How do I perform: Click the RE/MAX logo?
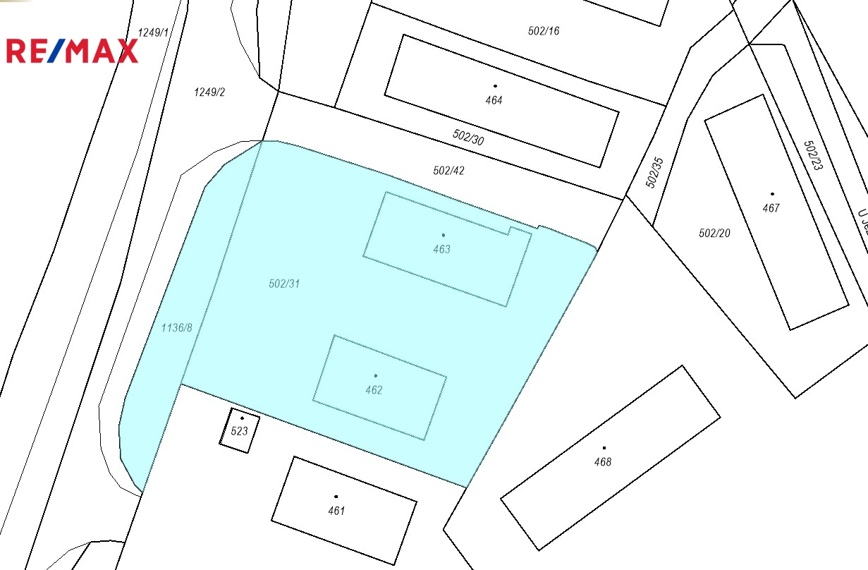(73, 51)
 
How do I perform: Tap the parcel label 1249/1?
(154, 32)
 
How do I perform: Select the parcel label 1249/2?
(209, 92)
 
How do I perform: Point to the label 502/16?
(544, 31)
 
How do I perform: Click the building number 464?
(494, 100)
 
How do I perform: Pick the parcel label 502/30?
(468, 137)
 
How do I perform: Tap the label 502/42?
(449, 171)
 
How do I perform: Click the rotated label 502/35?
(655, 172)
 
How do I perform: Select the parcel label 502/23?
(813, 155)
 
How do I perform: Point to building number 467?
(771, 208)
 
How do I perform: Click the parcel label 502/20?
(714, 233)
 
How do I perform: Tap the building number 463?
(442, 249)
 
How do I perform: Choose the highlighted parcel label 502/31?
(285, 284)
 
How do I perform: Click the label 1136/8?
(176, 327)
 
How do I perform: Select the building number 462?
(374, 390)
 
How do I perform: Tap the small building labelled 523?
(240, 430)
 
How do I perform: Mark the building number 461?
(336, 511)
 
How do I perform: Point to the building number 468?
(603, 462)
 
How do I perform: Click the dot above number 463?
(443, 235)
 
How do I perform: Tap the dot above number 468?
(604, 447)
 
